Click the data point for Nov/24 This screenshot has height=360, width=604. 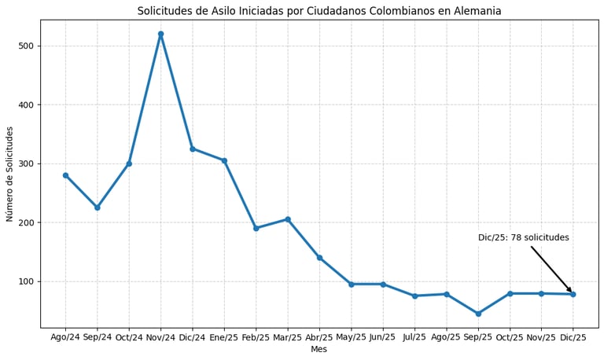(160, 34)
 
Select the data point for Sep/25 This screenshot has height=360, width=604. (478, 314)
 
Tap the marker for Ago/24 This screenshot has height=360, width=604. (65, 175)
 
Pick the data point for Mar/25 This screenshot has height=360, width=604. (288, 219)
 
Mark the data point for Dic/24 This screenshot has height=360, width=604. (193, 149)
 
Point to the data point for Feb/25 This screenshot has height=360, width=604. (256, 228)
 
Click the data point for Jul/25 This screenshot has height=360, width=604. (414, 296)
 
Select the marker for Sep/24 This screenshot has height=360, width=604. (98, 208)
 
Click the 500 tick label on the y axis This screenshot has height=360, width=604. (25, 46)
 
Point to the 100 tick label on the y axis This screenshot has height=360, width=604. (25, 281)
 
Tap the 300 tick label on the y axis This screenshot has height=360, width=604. (25, 163)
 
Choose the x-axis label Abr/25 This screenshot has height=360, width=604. (319, 337)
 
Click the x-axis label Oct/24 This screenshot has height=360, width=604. (129, 337)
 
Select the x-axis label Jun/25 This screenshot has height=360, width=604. (383, 337)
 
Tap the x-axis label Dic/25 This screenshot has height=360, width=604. (573, 337)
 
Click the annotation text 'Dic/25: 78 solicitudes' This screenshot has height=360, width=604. (523, 237)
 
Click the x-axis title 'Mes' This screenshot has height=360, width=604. (319, 349)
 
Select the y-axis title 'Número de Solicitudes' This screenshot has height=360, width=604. (10, 174)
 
